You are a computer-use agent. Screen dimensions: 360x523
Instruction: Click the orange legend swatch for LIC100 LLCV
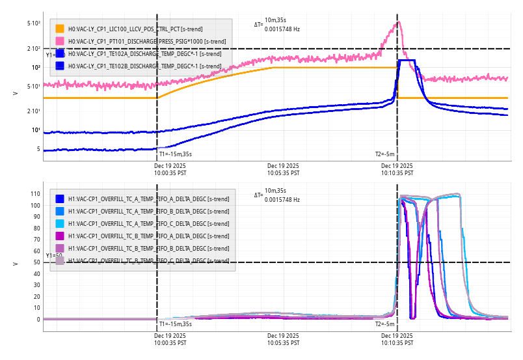(x=60, y=29)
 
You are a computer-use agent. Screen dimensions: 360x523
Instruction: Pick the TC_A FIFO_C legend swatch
(x=60, y=223)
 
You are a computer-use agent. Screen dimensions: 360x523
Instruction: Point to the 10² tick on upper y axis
(x=35, y=67)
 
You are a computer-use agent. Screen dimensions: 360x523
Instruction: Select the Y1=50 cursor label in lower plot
(x=54, y=256)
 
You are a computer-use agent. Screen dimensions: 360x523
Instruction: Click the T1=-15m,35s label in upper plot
(x=176, y=154)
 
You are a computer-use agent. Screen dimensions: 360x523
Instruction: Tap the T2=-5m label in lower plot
(x=384, y=324)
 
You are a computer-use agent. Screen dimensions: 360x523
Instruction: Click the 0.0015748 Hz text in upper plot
(x=282, y=29)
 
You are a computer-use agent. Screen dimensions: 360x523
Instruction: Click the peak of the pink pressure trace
(x=399, y=22)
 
